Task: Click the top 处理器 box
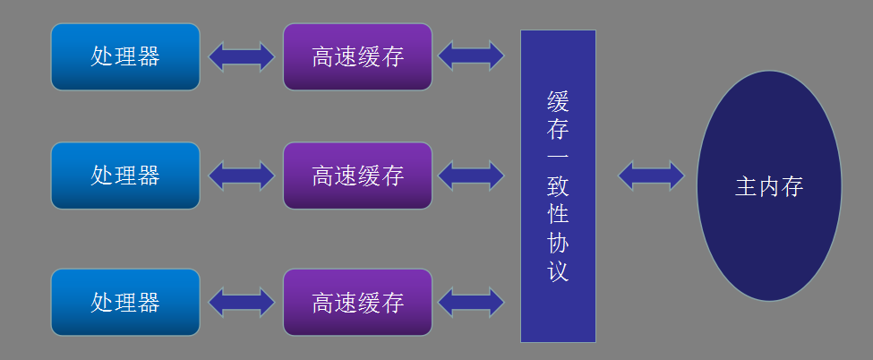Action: click(125, 56)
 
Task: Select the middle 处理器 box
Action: click(125, 176)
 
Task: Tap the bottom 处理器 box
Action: click(125, 302)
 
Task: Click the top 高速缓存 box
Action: click(357, 56)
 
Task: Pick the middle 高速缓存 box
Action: click(357, 176)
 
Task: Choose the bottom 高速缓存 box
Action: click(357, 302)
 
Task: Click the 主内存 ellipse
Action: click(768, 186)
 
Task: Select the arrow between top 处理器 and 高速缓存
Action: click(242, 56)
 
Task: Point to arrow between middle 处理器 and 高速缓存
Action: click(242, 176)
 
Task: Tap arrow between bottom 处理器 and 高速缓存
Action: click(242, 302)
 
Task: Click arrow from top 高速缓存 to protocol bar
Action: click(471, 56)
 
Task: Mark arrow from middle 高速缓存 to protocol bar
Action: click(471, 176)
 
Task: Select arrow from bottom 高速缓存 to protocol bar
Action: click(471, 302)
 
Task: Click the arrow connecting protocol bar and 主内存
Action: click(651, 176)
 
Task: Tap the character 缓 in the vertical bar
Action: click(558, 99)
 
